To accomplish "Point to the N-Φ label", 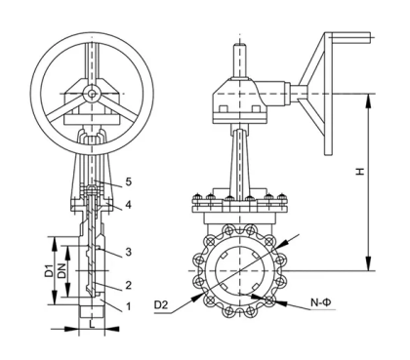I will tap(322, 305).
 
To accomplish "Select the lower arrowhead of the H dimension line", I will tap(368, 264).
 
